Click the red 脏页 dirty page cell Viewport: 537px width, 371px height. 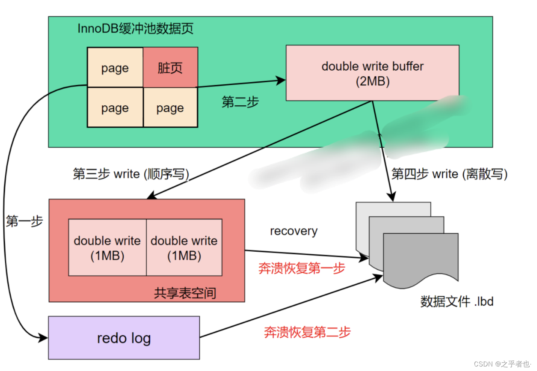tap(170, 68)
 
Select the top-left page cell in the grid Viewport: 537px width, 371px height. tap(115, 68)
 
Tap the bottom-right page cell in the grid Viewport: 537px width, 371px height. tap(170, 108)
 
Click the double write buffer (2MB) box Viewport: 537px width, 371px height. tap(372, 73)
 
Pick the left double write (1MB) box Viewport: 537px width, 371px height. tap(107, 247)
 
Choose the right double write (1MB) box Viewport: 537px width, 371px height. tap(184, 247)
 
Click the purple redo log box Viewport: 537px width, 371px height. tap(124, 338)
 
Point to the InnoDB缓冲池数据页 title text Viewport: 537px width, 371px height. tap(135, 29)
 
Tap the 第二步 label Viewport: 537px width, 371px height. tap(240, 102)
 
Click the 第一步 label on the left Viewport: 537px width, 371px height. tap(24, 221)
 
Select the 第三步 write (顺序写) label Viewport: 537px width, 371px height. tap(131, 174)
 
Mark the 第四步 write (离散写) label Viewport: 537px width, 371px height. tap(449, 174)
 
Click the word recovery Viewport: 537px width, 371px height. tap(294, 231)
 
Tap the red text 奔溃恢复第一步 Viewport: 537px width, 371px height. tap(302, 268)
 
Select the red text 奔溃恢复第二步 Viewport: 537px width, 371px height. tap(307, 332)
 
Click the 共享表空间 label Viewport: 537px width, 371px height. tap(185, 293)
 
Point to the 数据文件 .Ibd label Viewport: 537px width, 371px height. tap(456, 301)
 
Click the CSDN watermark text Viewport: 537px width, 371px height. tap(502, 364)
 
